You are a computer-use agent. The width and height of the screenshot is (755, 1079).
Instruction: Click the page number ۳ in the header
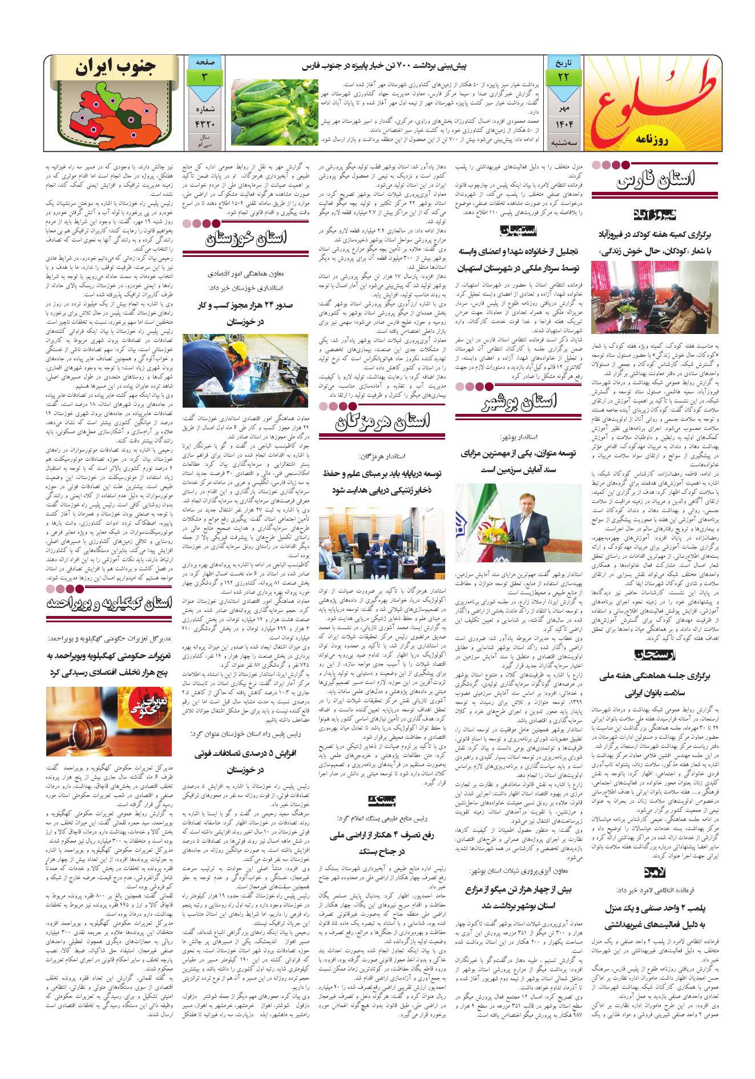coord(204,77)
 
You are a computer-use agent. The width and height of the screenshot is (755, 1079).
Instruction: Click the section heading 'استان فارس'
coord(656,182)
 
